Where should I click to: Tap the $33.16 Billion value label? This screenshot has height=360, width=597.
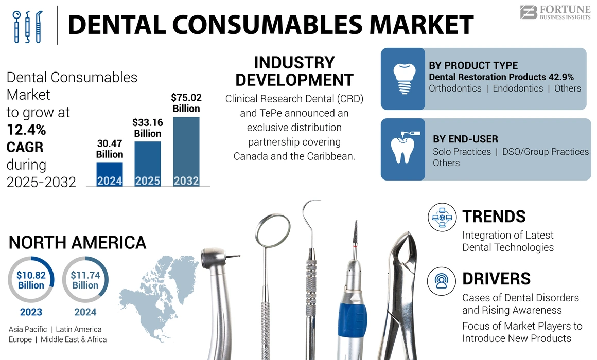[x=148, y=128]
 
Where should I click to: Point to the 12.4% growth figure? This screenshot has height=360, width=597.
[x=26, y=130]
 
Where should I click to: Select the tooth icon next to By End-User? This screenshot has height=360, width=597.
[x=402, y=148]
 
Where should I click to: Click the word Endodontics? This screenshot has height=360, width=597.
[x=518, y=88]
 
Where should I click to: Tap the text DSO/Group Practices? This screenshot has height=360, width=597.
[x=546, y=152]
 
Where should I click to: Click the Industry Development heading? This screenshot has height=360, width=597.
[x=294, y=71]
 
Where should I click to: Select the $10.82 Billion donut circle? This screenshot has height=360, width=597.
[x=31, y=280]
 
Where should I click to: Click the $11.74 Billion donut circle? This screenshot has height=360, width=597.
[x=85, y=280]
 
